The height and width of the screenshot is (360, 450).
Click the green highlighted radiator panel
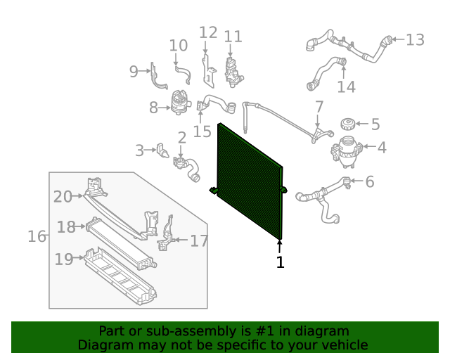coord(250,182)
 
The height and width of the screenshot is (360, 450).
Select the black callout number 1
coord(280,263)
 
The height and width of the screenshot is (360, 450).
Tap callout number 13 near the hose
coord(415,40)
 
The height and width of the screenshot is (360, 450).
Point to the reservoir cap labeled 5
coord(346,125)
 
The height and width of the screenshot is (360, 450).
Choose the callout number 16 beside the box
coord(37,236)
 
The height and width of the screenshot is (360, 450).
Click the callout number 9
coord(134,71)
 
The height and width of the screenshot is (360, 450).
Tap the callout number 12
coord(208,32)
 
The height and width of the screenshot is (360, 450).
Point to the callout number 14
coord(346,86)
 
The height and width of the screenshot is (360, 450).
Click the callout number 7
coord(319,107)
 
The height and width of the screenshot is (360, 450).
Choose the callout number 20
coord(63,197)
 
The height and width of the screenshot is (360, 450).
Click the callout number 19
coord(64,259)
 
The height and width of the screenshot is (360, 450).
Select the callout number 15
coord(202,131)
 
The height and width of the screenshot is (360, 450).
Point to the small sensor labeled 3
coord(163,150)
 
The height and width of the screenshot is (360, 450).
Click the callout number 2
coord(181,138)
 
